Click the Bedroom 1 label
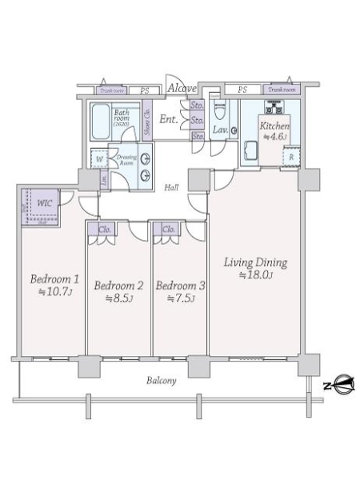click(x=54, y=280)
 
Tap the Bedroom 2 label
click(x=118, y=285)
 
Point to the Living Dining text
click(x=255, y=262)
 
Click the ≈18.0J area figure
click(x=255, y=276)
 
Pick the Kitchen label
click(x=273, y=126)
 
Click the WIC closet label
click(x=46, y=203)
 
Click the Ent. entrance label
click(x=169, y=120)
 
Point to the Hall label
click(x=171, y=188)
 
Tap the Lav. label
click(x=222, y=129)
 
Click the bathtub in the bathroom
click(x=100, y=124)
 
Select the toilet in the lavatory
click(x=222, y=110)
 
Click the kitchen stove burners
click(x=281, y=106)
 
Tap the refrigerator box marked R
click(x=290, y=157)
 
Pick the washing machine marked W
click(x=98, y=158)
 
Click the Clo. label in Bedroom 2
click(x=105, y=229)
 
